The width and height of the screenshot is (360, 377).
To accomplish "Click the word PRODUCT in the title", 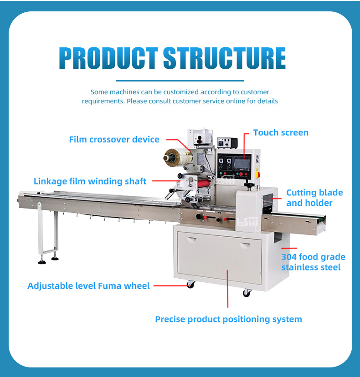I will click(108, 58).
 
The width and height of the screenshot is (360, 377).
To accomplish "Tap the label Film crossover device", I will click(114, 139).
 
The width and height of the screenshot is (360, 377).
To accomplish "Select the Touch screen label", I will click(281, 132).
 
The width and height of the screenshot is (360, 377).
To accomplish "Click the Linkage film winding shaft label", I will click(90, 181).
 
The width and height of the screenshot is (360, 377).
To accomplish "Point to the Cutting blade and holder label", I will click(314, 198).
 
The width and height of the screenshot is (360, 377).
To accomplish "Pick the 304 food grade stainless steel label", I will click(313, 262).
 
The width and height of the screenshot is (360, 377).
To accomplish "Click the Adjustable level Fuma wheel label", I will click(88, 286).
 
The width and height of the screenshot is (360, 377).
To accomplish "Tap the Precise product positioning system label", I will click(228, 319).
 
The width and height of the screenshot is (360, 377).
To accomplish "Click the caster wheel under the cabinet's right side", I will click(247, 293).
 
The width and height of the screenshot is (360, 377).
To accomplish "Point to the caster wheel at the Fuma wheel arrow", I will click(190, 285).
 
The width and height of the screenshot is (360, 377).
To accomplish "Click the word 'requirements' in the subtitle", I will click(103, 101).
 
